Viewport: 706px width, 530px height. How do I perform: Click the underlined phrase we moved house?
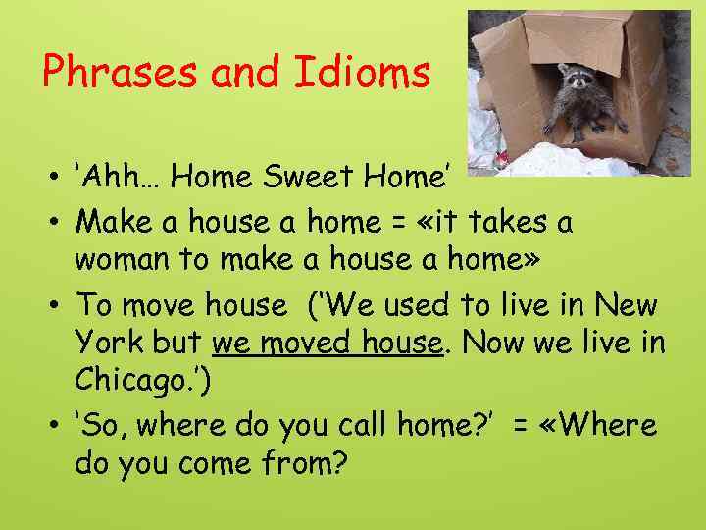[326, 344]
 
